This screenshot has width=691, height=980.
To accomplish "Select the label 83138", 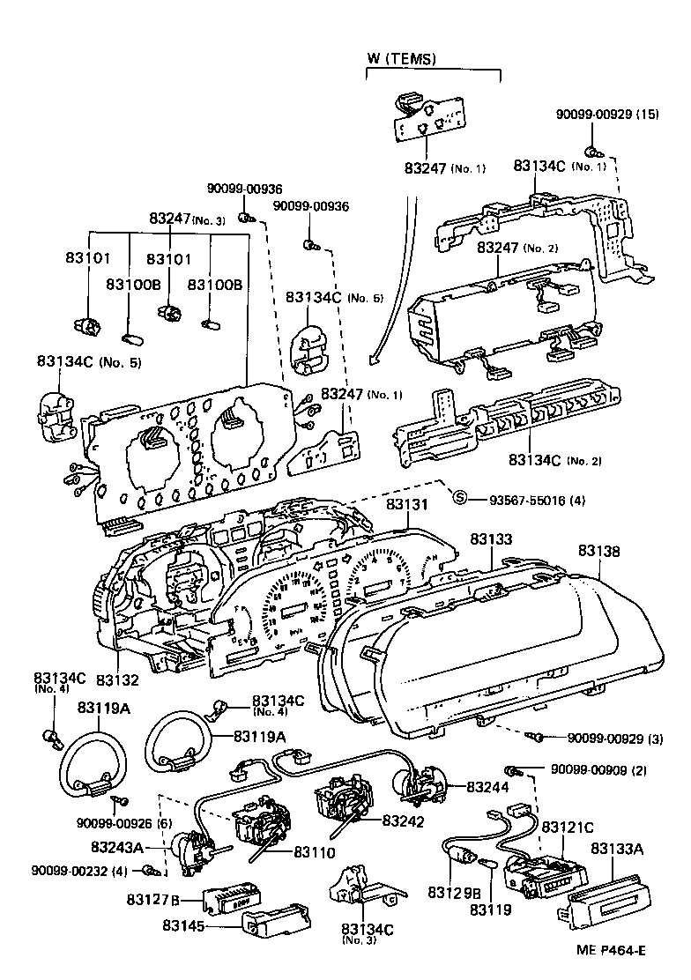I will (599, 552).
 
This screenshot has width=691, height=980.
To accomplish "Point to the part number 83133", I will (490, 538).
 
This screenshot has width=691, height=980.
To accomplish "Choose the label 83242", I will (404, 820).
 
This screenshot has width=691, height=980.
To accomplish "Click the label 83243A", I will (118, 847).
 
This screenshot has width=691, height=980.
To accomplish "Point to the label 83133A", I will (616, 849).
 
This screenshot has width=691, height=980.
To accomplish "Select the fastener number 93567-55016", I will (529, 500).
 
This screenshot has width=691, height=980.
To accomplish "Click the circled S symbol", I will (459, 499).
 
